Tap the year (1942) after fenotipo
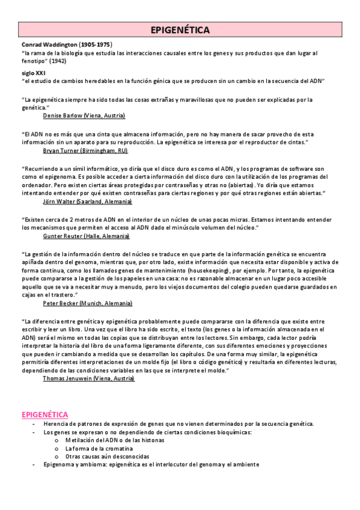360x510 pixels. pyautogui.click(x=58, y=61)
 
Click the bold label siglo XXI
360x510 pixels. pyautogui.click(x=33, y=72)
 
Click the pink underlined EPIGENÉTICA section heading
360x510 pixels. pyautogui.click(x=44, y=414)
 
